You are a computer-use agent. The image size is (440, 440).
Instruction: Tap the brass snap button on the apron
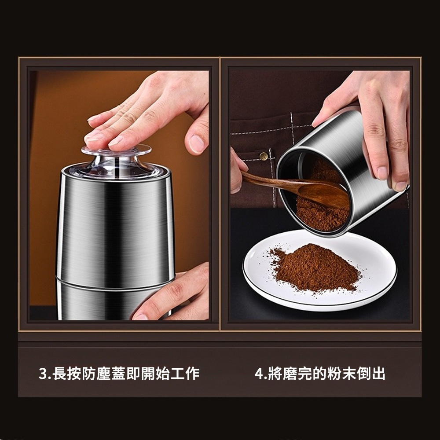(263, 156)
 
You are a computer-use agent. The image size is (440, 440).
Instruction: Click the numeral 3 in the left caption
(43, 374)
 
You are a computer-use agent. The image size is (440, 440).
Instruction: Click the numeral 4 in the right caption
(259, 374)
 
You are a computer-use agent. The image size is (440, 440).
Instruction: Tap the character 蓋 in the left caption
(119, 374)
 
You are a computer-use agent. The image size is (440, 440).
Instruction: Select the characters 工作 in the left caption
(185, 374)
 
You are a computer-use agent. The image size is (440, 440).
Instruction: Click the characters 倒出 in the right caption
(371, 374)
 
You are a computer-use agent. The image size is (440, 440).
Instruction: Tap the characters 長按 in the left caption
(67, 374)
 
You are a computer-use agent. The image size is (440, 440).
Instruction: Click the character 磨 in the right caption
(290, 374)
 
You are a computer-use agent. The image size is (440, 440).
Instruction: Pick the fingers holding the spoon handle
(238, 171)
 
